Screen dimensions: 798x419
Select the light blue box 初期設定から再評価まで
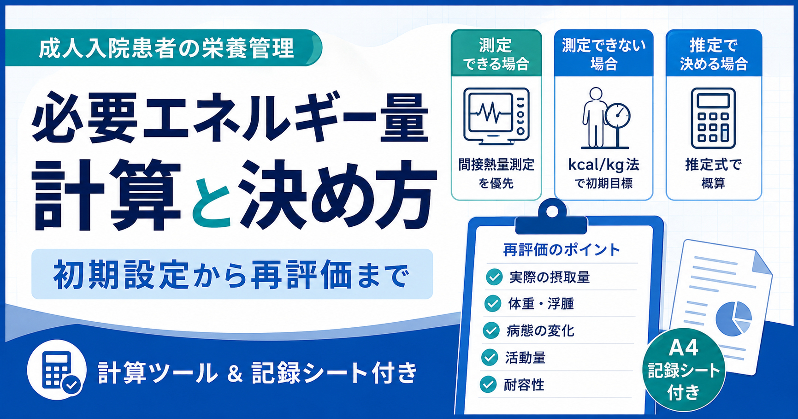232,274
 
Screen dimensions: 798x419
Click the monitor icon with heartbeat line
496,117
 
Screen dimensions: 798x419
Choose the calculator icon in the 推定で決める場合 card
713,118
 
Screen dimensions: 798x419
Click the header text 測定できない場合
603,54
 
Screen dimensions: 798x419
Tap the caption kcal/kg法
603,165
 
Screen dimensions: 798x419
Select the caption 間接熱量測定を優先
496,173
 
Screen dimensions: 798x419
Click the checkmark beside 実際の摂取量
494,277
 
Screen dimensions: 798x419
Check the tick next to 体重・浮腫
493,304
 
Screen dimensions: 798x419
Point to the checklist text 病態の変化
540,330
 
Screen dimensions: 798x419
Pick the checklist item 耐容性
524,384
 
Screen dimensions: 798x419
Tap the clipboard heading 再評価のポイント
562,250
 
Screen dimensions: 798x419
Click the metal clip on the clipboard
551,217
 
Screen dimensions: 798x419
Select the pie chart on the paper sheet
733,318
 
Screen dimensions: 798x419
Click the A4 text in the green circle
684,348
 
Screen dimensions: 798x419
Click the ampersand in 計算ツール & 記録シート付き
235,373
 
